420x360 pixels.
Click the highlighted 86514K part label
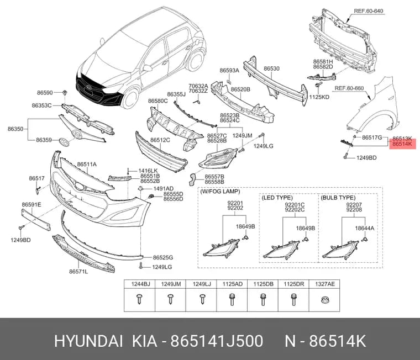coord(402,144)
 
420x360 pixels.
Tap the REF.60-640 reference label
coord(369,11)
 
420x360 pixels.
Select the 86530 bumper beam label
coord(271,68)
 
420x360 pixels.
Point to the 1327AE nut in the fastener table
coord(324,300)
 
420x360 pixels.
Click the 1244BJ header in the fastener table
coord(140,284)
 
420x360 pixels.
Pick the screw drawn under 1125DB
coord(263,299)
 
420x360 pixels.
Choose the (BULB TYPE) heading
coord(338,198)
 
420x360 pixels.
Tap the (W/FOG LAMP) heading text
coord(220,192)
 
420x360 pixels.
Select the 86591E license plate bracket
coord(36,220)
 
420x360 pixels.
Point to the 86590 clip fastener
coord(65,93)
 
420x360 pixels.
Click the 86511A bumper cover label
coord(87,165)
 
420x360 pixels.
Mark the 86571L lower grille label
coord(78,272)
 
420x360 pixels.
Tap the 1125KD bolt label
coord(319,97)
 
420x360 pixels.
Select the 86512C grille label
coord(160,140)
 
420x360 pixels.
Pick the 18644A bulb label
coord(364,228)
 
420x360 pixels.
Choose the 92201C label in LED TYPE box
coord(295,205)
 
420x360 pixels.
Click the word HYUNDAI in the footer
coord(88,341)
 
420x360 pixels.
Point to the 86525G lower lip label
coord(163,257)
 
